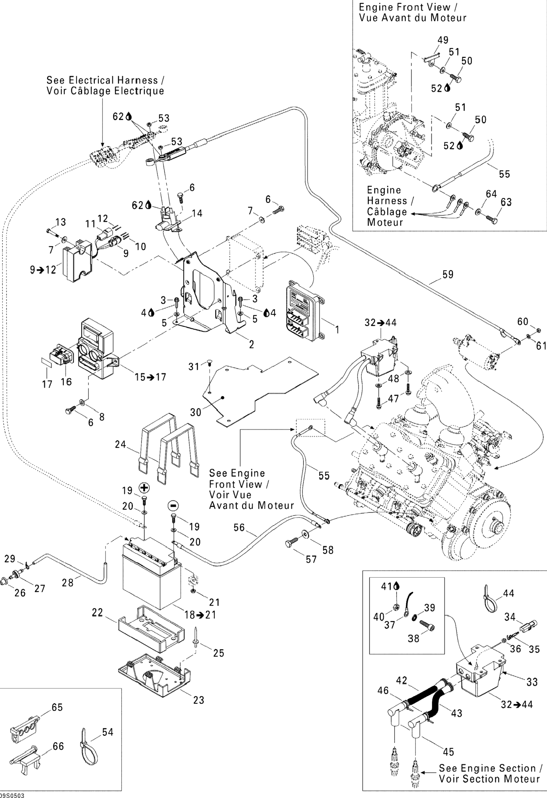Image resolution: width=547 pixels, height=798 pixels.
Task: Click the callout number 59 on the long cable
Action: (448, 274)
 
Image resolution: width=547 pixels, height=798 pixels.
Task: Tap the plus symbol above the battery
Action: (144, 488)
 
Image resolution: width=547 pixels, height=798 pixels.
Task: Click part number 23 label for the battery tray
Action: (199, 700)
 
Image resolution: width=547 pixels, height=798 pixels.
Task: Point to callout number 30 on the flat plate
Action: (196, 412)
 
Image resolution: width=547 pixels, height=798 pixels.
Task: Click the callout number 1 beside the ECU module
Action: (337, 330)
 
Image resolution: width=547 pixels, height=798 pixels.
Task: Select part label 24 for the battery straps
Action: (121, 444)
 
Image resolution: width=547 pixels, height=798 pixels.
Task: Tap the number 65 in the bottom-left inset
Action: (57, 707)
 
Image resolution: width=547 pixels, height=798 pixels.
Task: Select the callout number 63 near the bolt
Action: (506, 202)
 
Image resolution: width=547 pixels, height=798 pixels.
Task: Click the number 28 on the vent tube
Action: (68, 582)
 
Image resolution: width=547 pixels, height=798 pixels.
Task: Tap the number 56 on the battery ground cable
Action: (239, 527)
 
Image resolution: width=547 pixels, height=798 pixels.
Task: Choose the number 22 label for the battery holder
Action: (97, 613)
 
